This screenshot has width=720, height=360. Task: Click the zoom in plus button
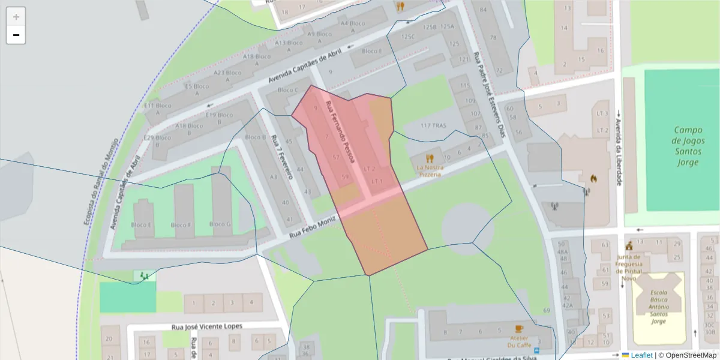16,17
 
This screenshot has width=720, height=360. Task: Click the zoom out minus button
16,35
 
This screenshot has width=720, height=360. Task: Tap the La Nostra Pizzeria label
430,170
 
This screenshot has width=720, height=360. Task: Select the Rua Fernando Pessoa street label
340,131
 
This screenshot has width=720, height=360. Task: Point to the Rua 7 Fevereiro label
281,157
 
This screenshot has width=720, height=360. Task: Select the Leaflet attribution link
641,355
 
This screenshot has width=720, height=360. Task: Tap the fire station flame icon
593,178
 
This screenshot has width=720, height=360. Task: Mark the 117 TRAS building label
434,125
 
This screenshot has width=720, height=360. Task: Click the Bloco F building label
181,225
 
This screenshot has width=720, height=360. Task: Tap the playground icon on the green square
143,276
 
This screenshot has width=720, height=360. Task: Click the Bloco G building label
220,224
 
